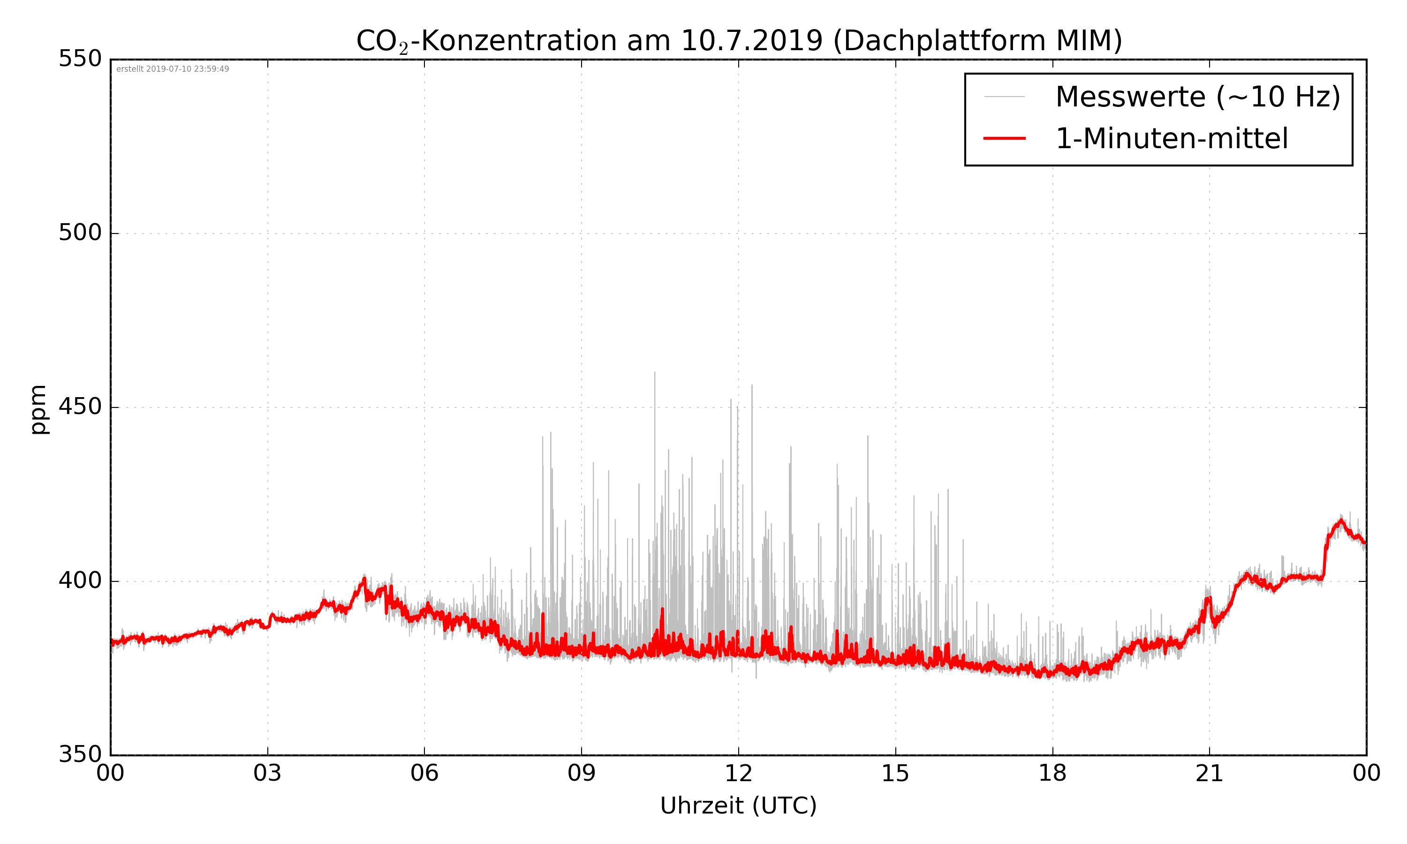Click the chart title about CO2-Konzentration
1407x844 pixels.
coord(738,41)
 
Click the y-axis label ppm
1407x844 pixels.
coord(38,409)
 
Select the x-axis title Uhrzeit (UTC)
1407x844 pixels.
coord(738,806)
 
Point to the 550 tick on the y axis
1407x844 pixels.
coord(80,59)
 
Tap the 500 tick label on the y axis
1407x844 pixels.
coord(80,233)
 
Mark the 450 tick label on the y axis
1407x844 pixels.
coord(80,407)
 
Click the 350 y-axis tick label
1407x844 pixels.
coord(80,755)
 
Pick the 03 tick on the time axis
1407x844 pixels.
coord(267,774)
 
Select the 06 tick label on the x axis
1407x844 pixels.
coord(424,774)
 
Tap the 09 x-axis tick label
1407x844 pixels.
coord(581,774)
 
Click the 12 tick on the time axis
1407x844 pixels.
coord(738,774)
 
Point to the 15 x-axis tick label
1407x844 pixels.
coord(895,774)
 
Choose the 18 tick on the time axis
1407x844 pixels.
coord(1052,774)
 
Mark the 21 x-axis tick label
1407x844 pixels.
coord(1209,774)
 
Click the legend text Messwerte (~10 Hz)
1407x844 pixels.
coord(1198,97)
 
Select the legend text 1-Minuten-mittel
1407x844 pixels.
coord(1172,139)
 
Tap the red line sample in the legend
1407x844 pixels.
coord(1004,138)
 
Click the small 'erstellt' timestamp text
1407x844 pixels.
coord(172,69)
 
